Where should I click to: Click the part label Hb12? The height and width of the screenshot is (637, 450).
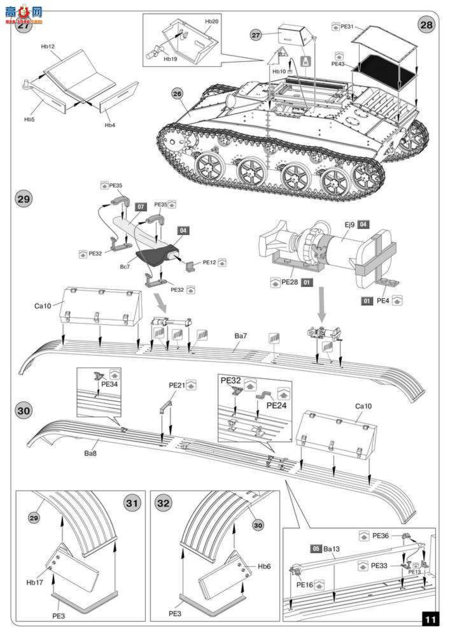48,47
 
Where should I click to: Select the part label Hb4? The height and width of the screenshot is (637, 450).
110,125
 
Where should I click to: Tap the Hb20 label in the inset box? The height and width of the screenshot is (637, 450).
211,22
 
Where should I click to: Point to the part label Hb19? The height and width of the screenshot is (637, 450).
170,59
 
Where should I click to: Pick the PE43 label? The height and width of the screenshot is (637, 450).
337,64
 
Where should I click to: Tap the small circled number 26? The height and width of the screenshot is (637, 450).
176,93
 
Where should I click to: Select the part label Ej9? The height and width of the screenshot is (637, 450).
348,224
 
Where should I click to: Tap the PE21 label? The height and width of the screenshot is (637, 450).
176,385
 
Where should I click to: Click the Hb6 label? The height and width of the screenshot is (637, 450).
264,566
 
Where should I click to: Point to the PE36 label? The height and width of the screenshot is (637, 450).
380,536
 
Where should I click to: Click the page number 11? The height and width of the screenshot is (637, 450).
431,619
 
